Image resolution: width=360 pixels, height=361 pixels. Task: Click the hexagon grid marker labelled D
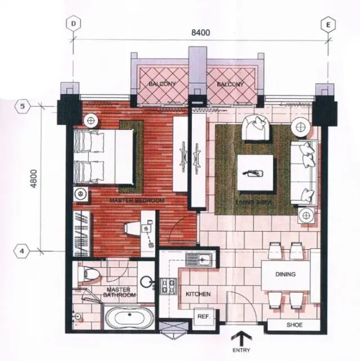point(74,24)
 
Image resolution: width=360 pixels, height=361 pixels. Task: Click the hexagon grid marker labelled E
point(328,25)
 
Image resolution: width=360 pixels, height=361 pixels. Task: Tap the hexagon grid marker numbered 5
point(22,106)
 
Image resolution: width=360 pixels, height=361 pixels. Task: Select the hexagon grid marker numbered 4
point(22,251)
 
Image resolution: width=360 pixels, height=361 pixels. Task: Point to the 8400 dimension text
point(201,33)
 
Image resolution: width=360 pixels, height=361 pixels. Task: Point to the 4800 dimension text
point(34,179)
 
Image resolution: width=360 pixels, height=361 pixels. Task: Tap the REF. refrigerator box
point(204,317)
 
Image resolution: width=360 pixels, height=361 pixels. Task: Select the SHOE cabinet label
point(295,325)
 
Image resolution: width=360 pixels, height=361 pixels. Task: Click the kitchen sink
point(199,260)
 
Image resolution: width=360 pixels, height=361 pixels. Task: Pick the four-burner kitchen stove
point(168,286)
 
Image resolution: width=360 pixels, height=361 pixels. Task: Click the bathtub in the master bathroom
point(129,317)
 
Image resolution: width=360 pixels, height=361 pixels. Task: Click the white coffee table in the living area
point(255,173)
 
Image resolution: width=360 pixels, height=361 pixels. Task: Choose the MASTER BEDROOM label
point(137,201)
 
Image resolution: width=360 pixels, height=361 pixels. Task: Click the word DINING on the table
point(285,274)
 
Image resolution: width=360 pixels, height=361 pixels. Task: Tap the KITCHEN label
point(198,294)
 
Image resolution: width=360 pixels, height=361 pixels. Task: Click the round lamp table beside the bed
point(91,120)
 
